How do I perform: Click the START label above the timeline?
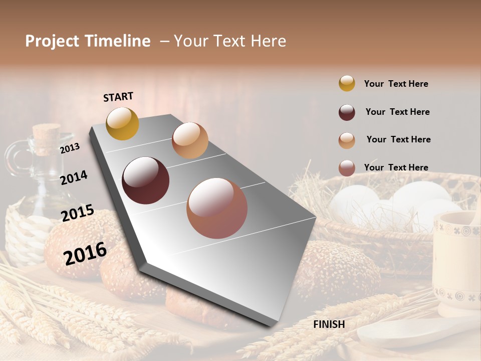pyautogui.click(x=118, y=97)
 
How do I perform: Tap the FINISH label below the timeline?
pyautogui.click(x=329, y=324)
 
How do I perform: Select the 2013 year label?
pyautogui.click(x=70, y=148)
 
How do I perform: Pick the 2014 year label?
pyautogui.click(x=74, y=177)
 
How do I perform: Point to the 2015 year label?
pyautogui.click(x=78, y=213)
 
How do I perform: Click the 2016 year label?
pyautogui.click(x=85, y=253)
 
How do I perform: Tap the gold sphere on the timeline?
pyautogui.click(x=122, y=123)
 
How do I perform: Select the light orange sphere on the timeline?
pyautogui.click(x=190, y=140)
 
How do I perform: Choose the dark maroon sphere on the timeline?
pyautogui.click(x=145, y=180)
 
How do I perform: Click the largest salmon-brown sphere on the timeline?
pyautogui.click(x=217, y=208)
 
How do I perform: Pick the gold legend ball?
pyautogui.click(x=347, y=83)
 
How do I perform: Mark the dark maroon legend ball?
pyautogui.click(x=347, y=112)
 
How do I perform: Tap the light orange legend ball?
pyautogui.click(x=347, y=140)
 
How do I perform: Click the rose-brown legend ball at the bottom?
pyautogui.click(x=347, y=168)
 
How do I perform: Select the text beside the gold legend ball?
pyautogui.click(x=396, y=84)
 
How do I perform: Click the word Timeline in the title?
pyautogui.click(x=117, y=41)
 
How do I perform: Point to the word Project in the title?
pyautogui.click(x=53, y=41)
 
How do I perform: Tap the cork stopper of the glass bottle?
pyautogui.click(x=46, y=137)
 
